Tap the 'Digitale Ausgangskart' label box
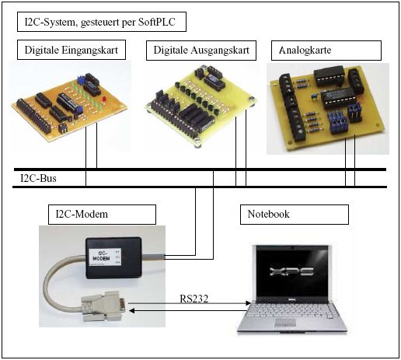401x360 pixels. tap(201, 51)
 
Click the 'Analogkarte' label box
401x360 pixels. tap(326, 51)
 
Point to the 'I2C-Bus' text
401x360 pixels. tap(38, 179)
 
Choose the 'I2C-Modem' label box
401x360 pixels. tap(101, 214)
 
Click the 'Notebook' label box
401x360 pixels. tap(294, 214)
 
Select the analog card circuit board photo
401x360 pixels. tap(327, 106)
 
